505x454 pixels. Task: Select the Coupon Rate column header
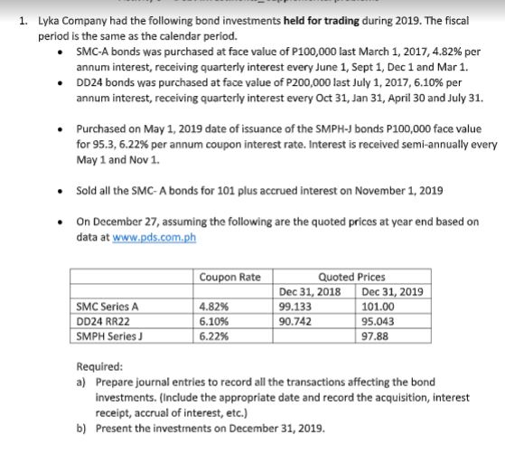click(x=230, y=277)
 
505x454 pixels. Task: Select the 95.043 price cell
click(x=378, y=320)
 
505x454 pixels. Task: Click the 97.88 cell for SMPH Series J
click(x=373, y=335)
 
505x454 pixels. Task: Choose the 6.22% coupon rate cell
click(x=214, y=335)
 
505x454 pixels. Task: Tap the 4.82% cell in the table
click(x=214, y=307)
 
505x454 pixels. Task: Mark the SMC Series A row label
click(x=107, y=307)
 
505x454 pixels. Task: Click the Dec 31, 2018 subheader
click(x=310, y=292)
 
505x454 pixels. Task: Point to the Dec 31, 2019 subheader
click(x=390, y=292)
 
